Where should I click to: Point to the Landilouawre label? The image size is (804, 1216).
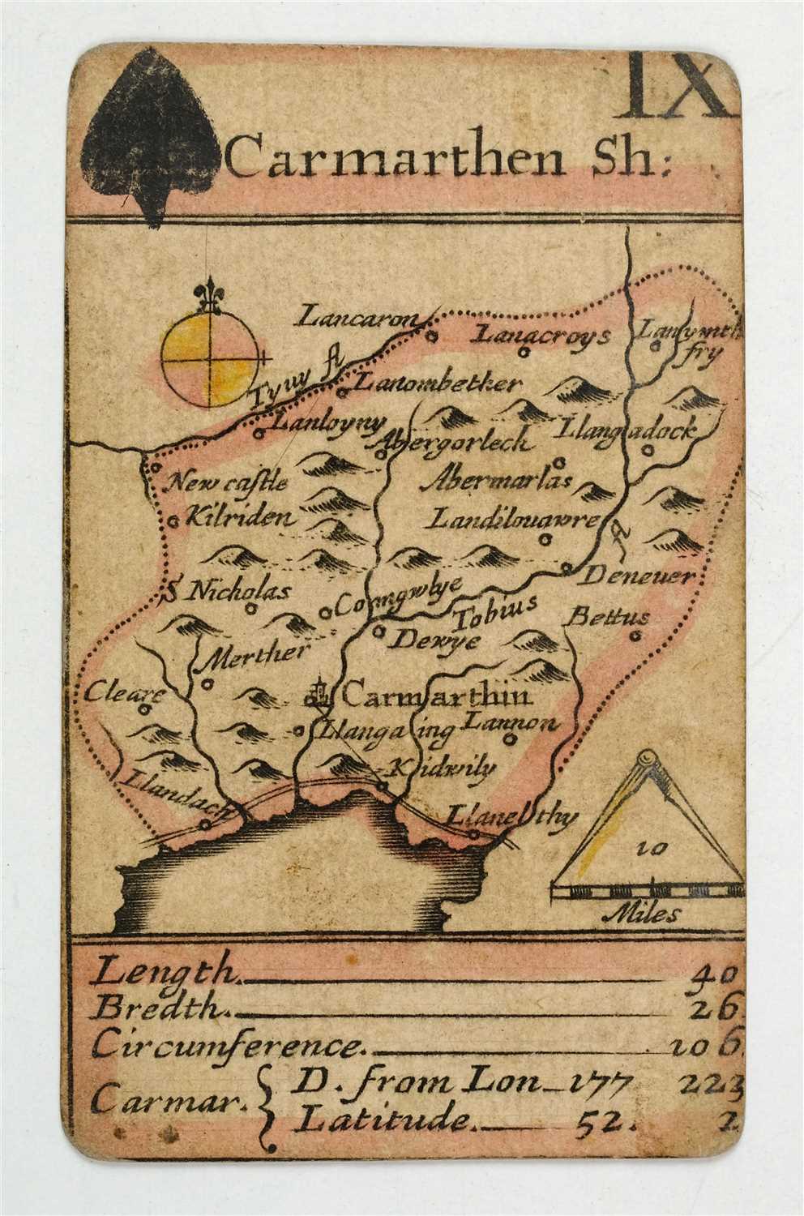point(513,519)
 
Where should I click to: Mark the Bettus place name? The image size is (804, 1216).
point(609,617)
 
